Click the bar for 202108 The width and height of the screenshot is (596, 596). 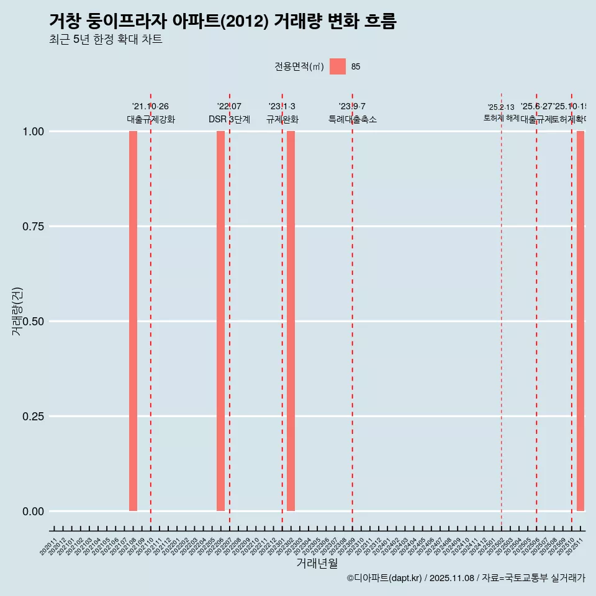coord(133,321)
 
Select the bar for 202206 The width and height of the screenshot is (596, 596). coord(220,321)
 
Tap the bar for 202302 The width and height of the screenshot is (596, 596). coord(291,321)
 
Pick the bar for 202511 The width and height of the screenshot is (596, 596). coord(580,321)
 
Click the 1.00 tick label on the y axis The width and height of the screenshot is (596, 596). coord(33,132)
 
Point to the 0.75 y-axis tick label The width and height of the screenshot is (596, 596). coord(33,227)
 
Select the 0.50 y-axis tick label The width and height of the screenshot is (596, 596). coord(33,322)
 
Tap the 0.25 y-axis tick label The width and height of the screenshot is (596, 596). coord(33,417)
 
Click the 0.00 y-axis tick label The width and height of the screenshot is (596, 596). coord(33,512)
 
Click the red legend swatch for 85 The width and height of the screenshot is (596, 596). coord(338,66)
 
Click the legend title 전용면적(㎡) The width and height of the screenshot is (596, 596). coord(299,67)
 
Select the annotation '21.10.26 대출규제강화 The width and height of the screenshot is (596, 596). coord(151,113)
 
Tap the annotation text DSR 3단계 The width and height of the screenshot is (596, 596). coord(229,120)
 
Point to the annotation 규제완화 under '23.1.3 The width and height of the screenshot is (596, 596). coord(282,120)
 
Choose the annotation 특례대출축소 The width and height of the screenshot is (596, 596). coord(353,120)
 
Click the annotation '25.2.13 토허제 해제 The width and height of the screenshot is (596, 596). coord(501,112)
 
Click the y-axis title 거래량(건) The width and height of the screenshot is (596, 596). coord(17,311)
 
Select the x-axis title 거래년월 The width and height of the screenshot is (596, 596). coord(317,563)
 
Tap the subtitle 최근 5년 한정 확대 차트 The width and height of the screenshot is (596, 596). coord(106,40)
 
